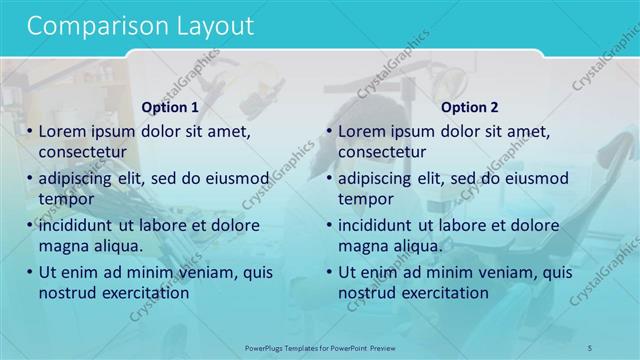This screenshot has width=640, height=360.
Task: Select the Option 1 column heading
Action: pyautogui.click(x=170, y=108)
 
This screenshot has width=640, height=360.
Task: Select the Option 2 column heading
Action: pyautogui.click(x=469, y=108)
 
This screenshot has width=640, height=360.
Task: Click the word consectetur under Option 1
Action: pyautogui.click(x=81, y=151)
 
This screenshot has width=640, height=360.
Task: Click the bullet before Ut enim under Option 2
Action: pyautogui.click(x=330, y=271)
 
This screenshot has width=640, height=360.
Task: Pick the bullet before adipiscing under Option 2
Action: pyautogui.click(x=330, y=178)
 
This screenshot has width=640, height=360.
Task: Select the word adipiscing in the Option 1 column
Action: pyautogui.click(x=77, y=178)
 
